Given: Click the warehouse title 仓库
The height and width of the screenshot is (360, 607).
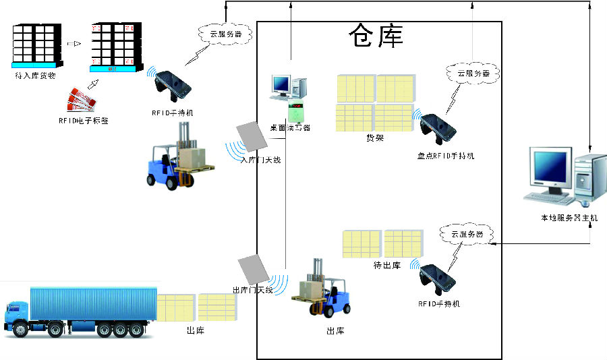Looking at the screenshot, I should pos(376,36).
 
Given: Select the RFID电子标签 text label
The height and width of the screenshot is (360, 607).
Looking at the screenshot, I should pos(83,121).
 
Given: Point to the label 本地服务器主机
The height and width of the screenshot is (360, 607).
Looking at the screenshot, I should pos(569,218).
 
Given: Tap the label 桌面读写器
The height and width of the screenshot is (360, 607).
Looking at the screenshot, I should pos(290,127).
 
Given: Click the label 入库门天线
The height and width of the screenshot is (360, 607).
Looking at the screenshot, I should pos(260,160).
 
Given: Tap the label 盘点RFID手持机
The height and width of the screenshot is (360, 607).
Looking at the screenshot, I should pos(445,156).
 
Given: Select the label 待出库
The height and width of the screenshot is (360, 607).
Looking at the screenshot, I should pos(386,265).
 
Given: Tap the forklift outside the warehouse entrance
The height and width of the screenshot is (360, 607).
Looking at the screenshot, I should pos(177,164).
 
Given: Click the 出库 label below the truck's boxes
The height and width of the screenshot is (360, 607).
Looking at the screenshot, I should pos(195,330).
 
